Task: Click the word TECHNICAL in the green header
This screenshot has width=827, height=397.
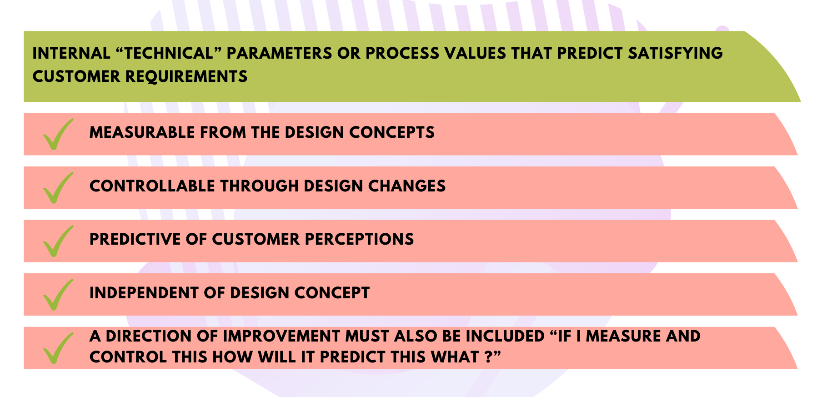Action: click(168, 53)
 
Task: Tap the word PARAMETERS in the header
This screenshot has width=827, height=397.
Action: click(279, 53)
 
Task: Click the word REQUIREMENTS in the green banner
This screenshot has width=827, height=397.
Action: click(186, 76)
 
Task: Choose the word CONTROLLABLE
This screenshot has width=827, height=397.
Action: click(152, 186)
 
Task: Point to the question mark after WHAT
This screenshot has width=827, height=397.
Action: click(488, 357)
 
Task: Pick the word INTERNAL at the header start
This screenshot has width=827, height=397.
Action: click(71, 53)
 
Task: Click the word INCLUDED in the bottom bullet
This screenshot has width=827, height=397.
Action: click(505, 336)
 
